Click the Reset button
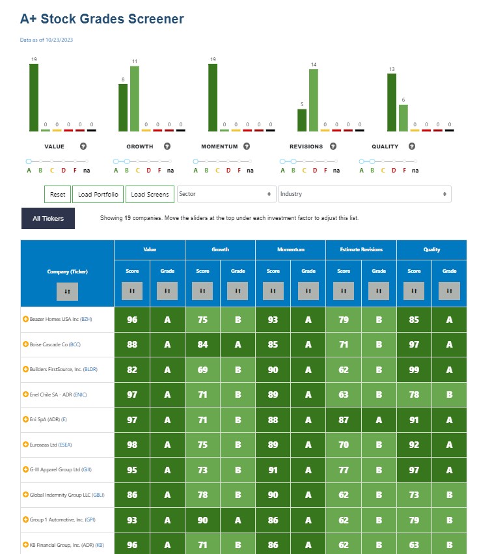(x=57, y=195)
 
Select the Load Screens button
(x=150, y=195)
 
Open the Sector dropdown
(x=226, y=194)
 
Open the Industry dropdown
(x=364, y=194)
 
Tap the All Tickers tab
(x=48, y=218)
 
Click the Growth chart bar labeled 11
(x=135, y=98)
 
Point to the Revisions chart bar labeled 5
(x=302, y=120)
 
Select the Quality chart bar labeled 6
(x=403, y=118)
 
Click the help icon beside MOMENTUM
(x=247, y=146)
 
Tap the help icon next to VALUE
(x=83, y=146)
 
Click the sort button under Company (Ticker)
(x=67, y=292)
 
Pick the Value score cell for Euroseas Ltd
(x=132, y=445)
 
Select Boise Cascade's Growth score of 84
(x=202, y=344)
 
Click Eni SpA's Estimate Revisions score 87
(x=344, y=420)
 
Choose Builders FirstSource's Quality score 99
(x=414, y=370)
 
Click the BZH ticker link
(x=86, y=319)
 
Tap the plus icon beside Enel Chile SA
(x=25, y=395)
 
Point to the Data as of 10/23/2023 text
(x=46, y=40)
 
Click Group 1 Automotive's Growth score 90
(x=202, y=520)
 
